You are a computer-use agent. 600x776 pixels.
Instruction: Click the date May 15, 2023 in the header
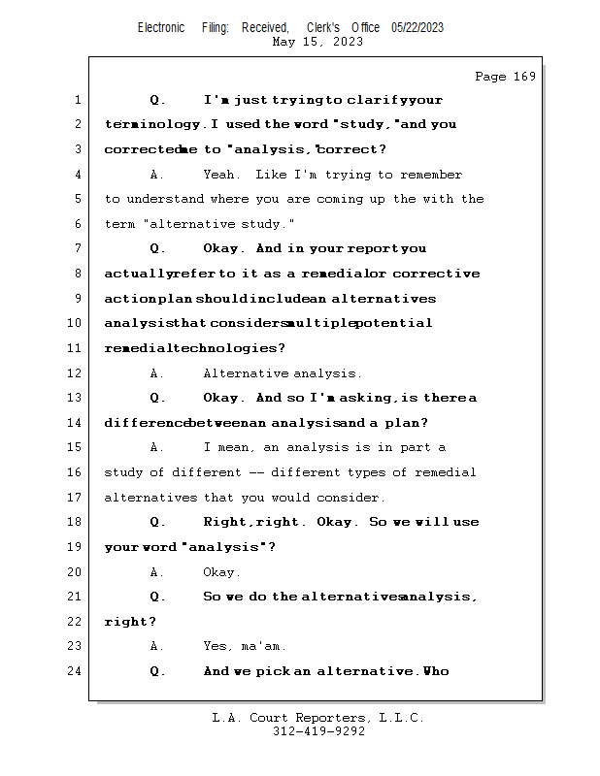(318, 42)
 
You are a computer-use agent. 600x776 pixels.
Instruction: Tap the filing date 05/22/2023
(417, 27)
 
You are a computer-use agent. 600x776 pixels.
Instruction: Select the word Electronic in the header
(161, 27)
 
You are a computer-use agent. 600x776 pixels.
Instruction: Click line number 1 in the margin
(77, 100)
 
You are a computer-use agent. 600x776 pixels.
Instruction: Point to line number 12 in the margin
(74, 373)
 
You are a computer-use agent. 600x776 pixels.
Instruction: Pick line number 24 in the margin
(74, 671)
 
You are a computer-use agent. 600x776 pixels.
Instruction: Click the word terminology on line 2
(153, 125)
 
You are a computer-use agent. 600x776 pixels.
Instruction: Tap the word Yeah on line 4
(220, 175)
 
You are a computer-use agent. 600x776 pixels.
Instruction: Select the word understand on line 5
(165, 200)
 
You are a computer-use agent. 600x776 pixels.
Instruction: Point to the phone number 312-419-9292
(318, 731)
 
